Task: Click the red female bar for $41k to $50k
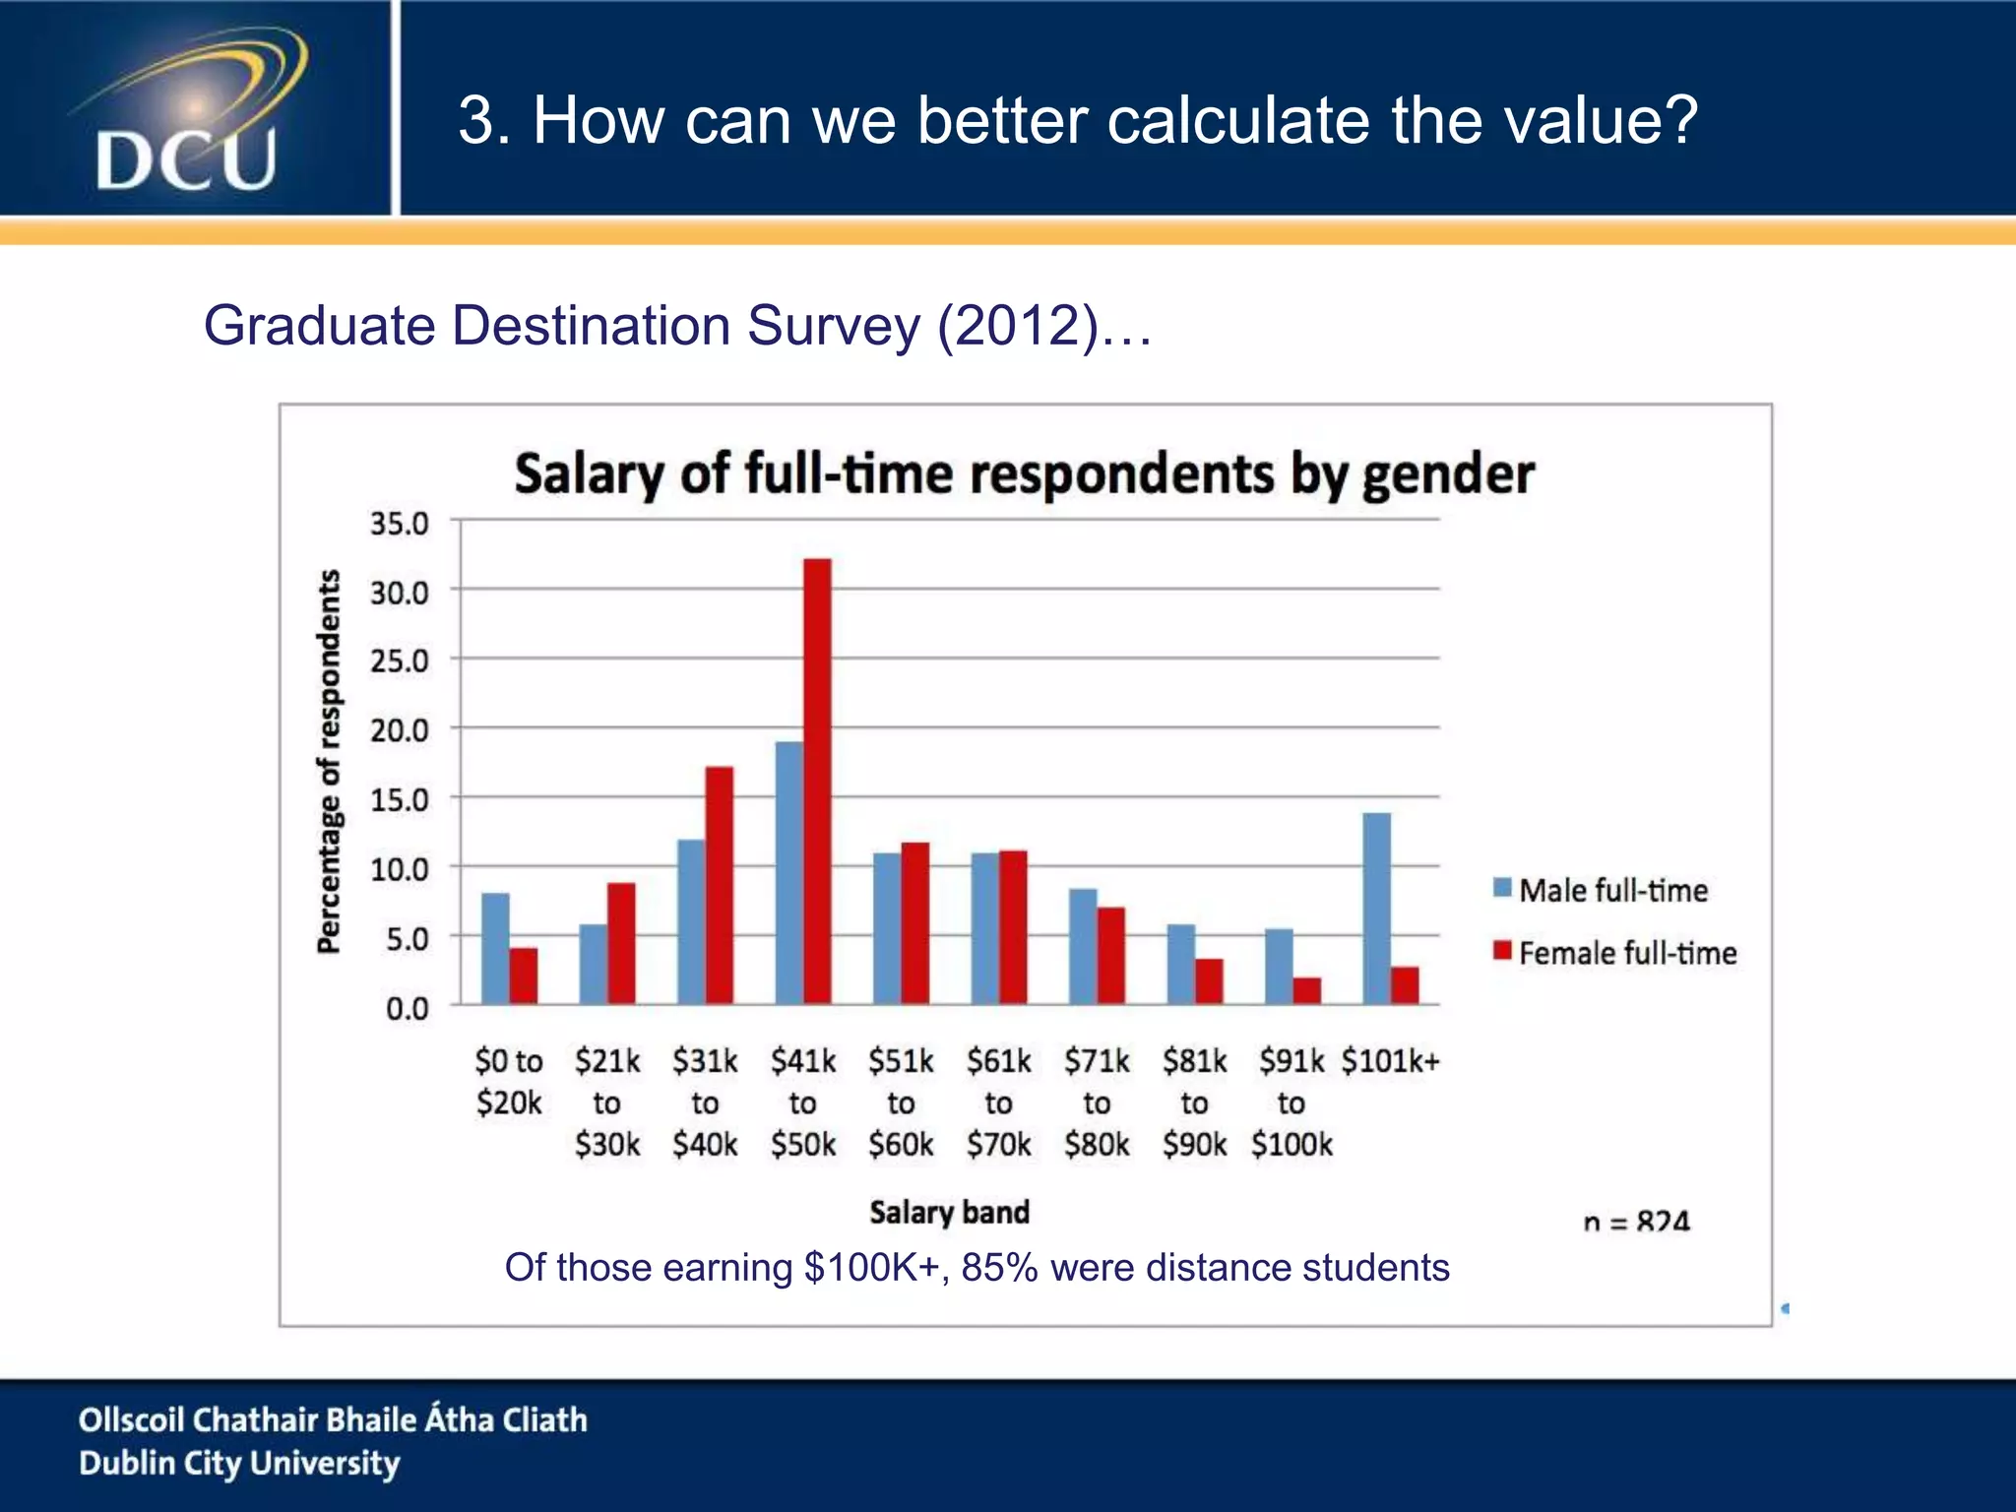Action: pyautogui.click(x=817, y=782)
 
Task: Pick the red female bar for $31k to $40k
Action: pyautogui.click(x=720, y=885)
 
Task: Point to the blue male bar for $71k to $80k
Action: pyautogui.click(x=1083, y=946)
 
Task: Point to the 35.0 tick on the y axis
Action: pyautogui.click(x=400, y=524)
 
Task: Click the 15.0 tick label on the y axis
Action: pyautogui.click(x=400, y=800)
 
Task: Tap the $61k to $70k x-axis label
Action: pyautogui.click(x=998, y=1102)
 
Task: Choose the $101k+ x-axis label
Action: pyautogui.click(x=1390, y=1061)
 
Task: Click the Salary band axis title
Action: pyautogui.click(x=949, y=1212)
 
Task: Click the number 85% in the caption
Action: pyautogui.click(x=999, y=1268)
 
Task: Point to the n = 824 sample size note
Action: pyautogui.click(x=1636, y=1222)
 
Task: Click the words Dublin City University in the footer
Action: pyautogui.click(x=239, y=1464)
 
